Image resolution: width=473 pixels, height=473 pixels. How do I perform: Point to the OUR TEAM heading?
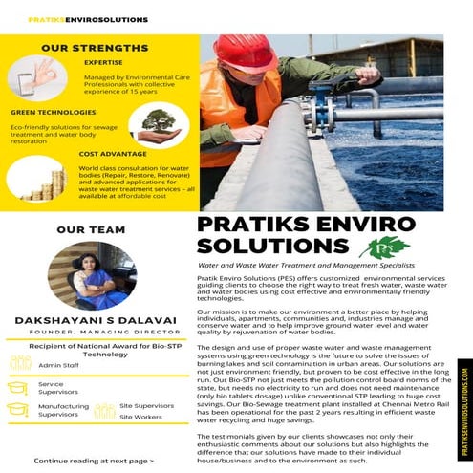pos(84,229)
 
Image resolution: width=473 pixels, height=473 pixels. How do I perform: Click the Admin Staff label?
pos(59,365)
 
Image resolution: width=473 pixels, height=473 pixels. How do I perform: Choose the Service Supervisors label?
pos(52,388)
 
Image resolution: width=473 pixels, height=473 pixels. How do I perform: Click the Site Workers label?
pos(140,417)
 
